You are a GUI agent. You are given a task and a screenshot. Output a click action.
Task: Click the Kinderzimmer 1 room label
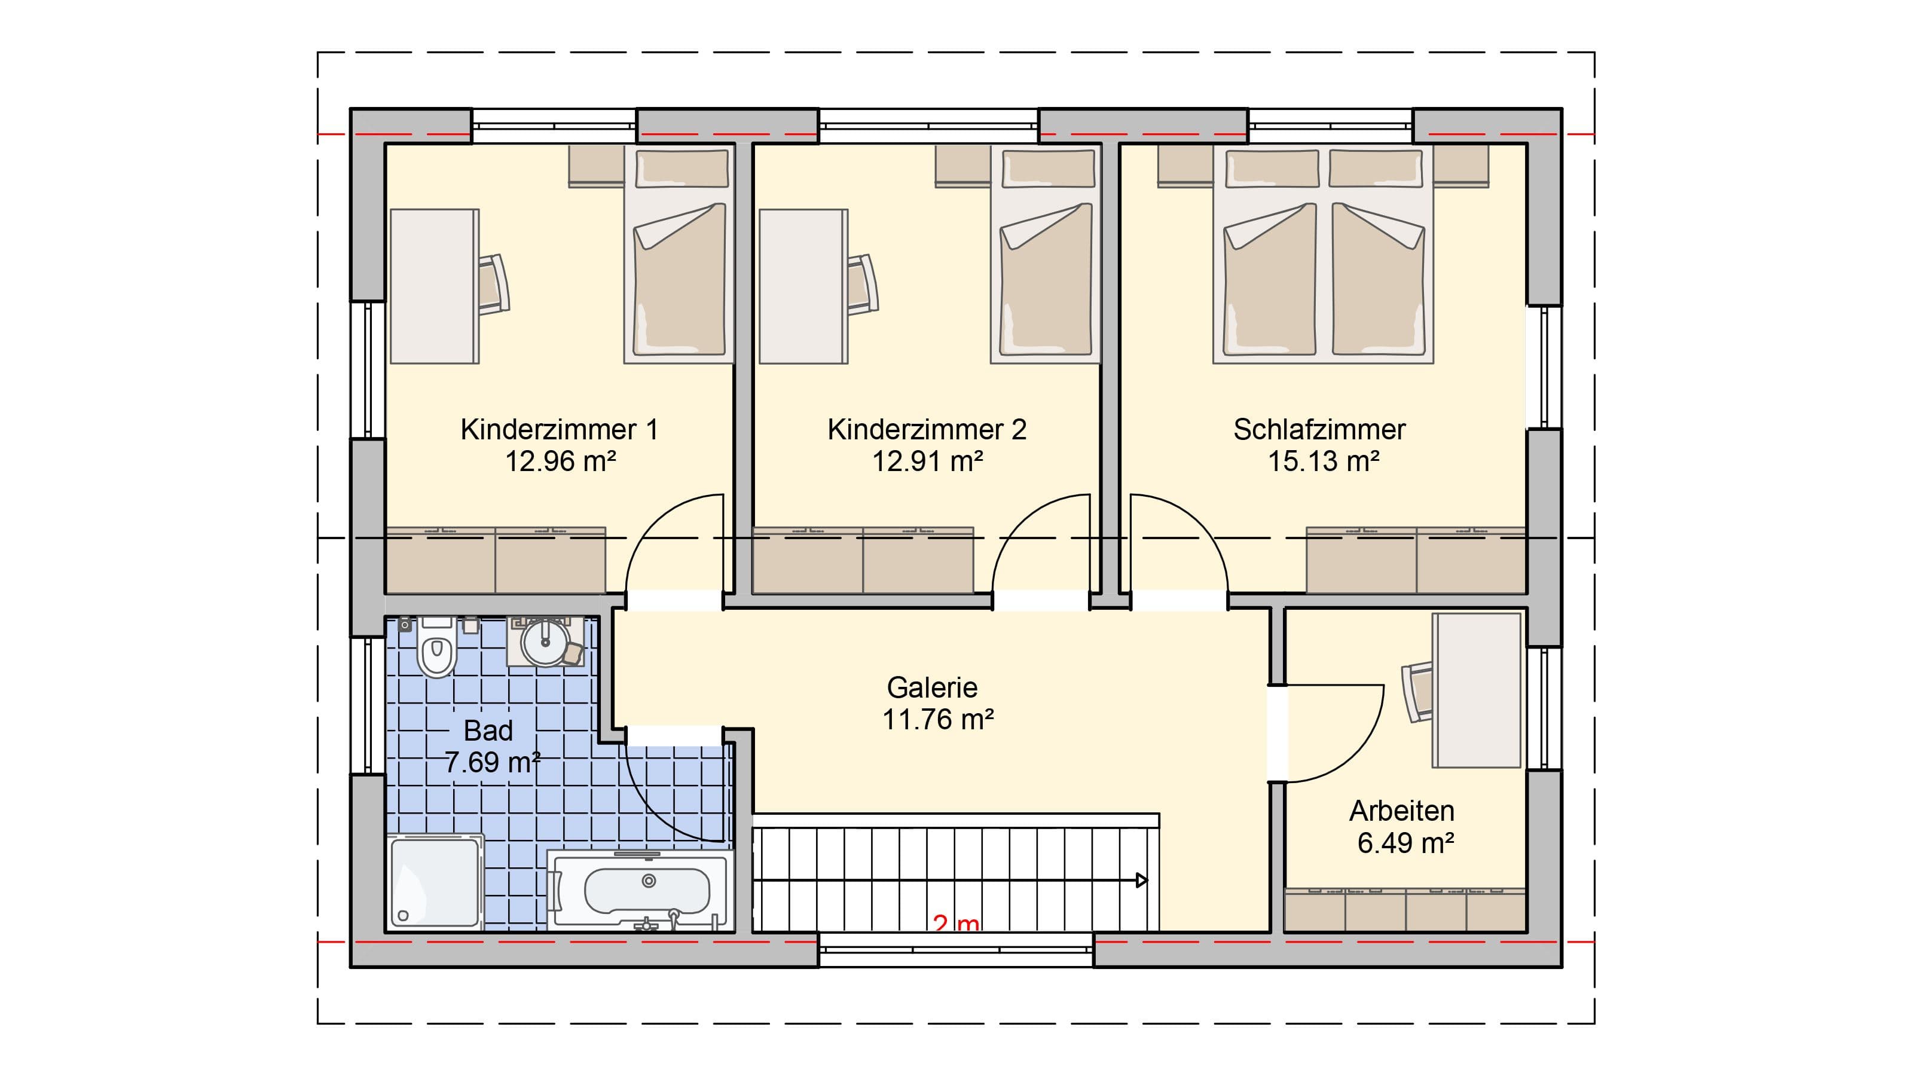[559, 429]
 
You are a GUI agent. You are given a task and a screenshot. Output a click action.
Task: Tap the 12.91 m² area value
[928, 462]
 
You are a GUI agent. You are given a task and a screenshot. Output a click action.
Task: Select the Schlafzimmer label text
[1319, 429]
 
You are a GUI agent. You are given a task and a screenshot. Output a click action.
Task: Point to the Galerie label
[932, 687]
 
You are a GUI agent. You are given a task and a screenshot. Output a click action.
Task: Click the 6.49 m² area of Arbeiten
[1405, 843]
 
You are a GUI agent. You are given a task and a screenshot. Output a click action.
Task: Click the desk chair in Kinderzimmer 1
[493, 285]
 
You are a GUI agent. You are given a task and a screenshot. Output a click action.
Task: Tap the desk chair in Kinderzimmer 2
[861, 285]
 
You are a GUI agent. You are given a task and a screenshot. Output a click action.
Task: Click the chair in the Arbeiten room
[1417, 692]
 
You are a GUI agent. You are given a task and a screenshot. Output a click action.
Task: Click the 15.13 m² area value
[1324, 462]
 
